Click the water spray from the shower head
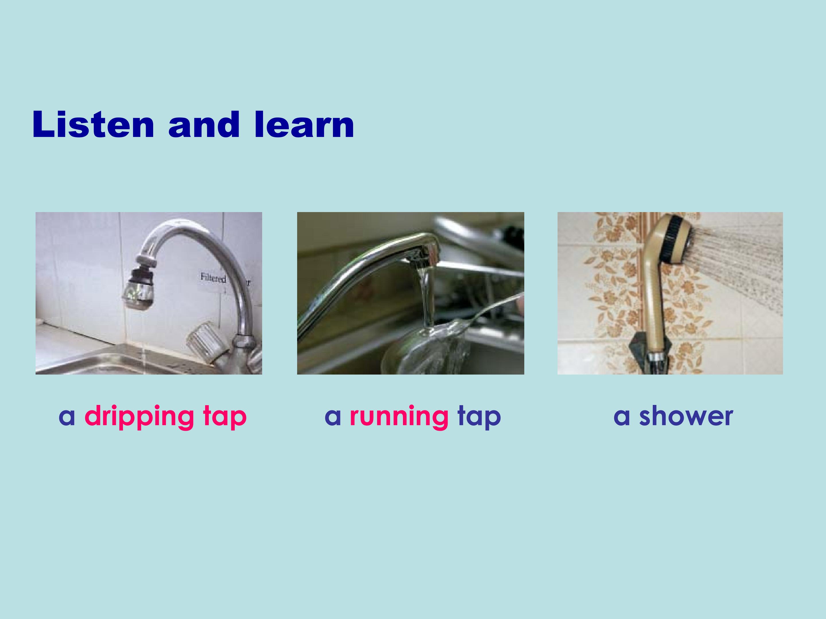click(737, 269)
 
